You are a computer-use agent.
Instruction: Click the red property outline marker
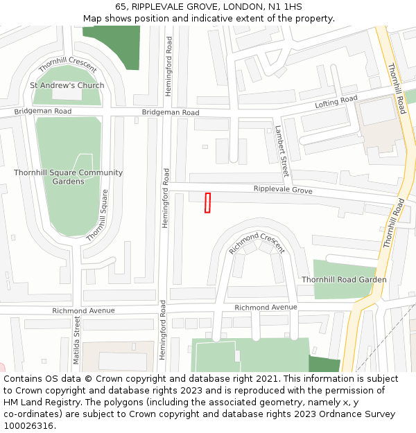(207, 203)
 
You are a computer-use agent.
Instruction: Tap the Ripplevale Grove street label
(283, 190)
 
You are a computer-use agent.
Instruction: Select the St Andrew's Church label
(67, 86)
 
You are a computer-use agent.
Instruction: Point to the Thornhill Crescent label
(67, 64)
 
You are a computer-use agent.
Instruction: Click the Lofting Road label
(336, 102)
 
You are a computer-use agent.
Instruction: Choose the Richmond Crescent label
(257, 242)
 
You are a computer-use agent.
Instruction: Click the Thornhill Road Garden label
(344, 280)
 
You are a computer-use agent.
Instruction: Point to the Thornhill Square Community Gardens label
(68, 177)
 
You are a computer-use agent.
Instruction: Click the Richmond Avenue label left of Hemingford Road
(83, 311)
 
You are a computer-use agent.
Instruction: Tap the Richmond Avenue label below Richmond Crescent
(266, 307)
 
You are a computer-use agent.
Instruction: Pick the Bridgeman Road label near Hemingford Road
(171, 112)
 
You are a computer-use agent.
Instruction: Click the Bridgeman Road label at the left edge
(43, 112)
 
